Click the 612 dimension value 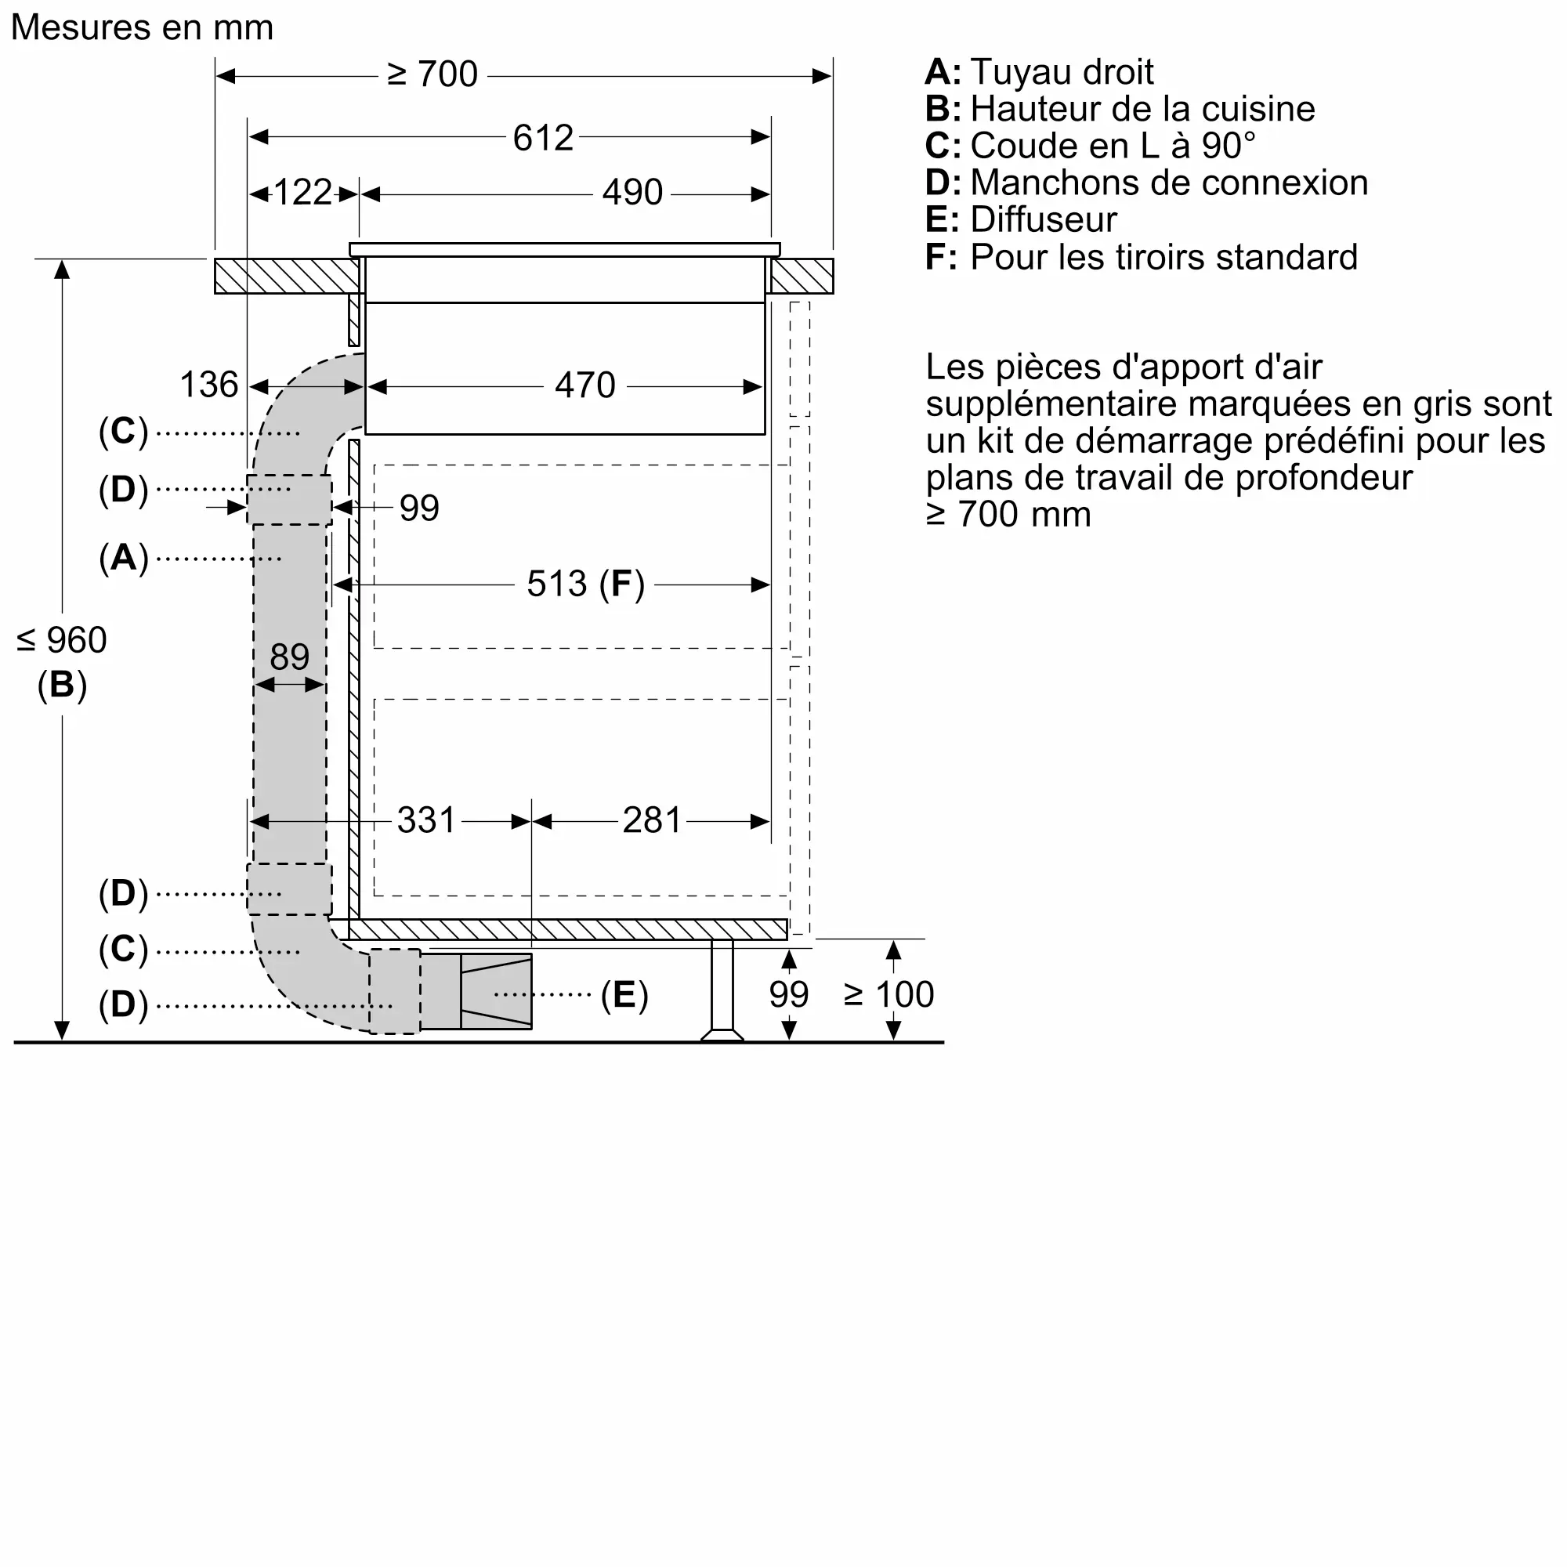click(x=543, y=138)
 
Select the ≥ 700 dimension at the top click(x=432, y=74)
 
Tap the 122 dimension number click(x=302, y=193)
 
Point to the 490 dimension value click(x=632, y=193)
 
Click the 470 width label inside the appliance click(x=584, y=385)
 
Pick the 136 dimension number click(x=208, y=385)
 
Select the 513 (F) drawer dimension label click(x=584, y=584)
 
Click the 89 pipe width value click(x=290, y=657)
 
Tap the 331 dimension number click(x=425, y=821)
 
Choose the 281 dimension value click(x=651, y=821)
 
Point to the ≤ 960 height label click(x=62, y=641)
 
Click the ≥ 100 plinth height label click(x=889, y=994)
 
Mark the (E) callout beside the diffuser click(x=624, y=994)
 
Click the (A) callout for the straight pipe click(x=123, y=558)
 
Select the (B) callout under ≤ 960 click(x=62, y=685)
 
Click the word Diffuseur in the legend click(x=1043, y=220)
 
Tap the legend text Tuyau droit click(x=1061, y=72)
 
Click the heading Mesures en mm click(x=142, y=27)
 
